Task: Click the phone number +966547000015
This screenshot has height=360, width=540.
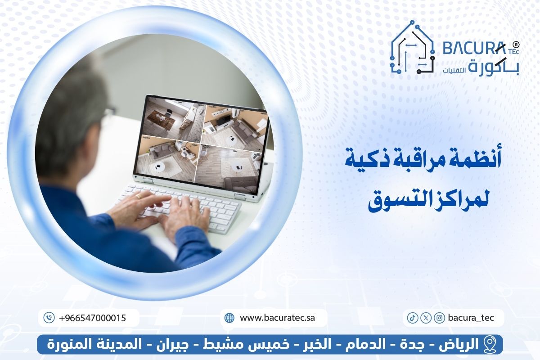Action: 92,318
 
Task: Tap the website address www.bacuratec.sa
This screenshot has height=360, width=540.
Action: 277,318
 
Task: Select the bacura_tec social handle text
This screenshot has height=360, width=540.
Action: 471,318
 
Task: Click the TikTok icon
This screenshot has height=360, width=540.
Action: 412,318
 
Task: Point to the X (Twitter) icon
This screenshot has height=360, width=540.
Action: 426,318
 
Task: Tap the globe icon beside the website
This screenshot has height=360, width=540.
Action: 229,318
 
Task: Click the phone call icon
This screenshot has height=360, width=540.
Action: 49,318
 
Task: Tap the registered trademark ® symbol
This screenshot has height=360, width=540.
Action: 516,45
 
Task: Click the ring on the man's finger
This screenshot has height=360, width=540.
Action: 139,196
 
